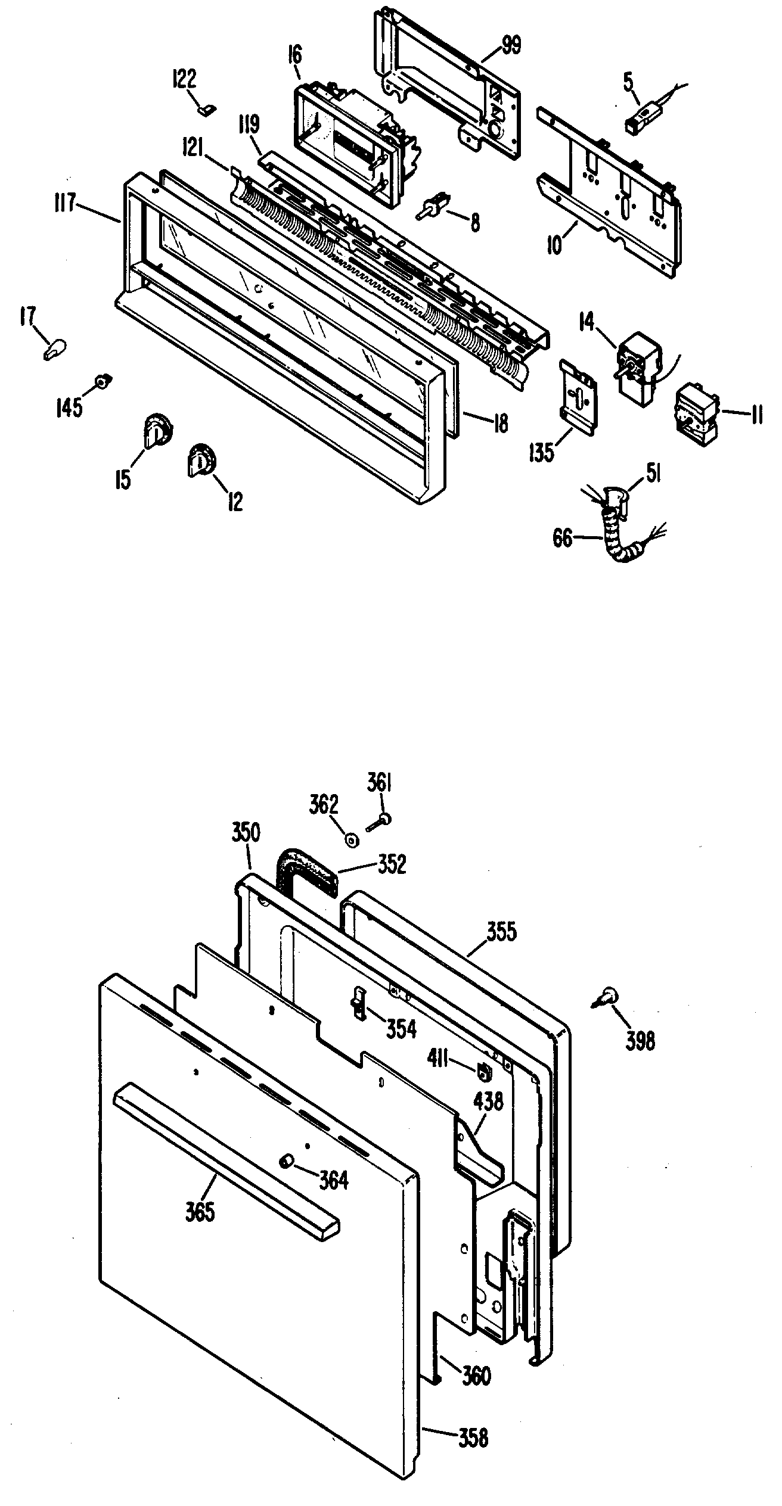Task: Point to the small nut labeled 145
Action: pos(104,379)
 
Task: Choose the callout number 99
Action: pos(510,46)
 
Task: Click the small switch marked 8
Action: pos(434,209)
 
